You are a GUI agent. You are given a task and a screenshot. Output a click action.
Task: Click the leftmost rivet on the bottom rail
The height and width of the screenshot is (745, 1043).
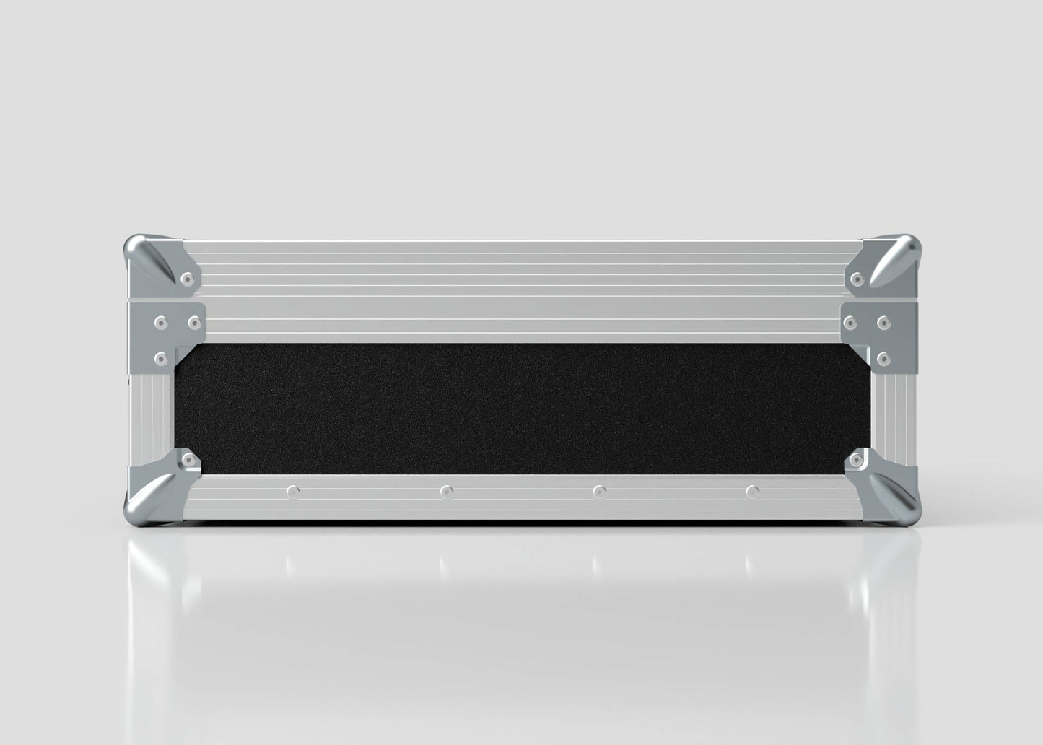tap(292, 492)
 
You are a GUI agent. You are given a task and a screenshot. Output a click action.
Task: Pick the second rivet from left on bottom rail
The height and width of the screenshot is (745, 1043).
tap(447, 492)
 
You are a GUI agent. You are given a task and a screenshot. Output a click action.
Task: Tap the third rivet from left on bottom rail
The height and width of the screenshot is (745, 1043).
tap(598, 492)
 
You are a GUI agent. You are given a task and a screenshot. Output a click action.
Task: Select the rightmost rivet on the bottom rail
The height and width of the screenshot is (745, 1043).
tap(753, 492)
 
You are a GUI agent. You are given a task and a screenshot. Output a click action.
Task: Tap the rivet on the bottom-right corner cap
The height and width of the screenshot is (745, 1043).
tap(858, 459)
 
